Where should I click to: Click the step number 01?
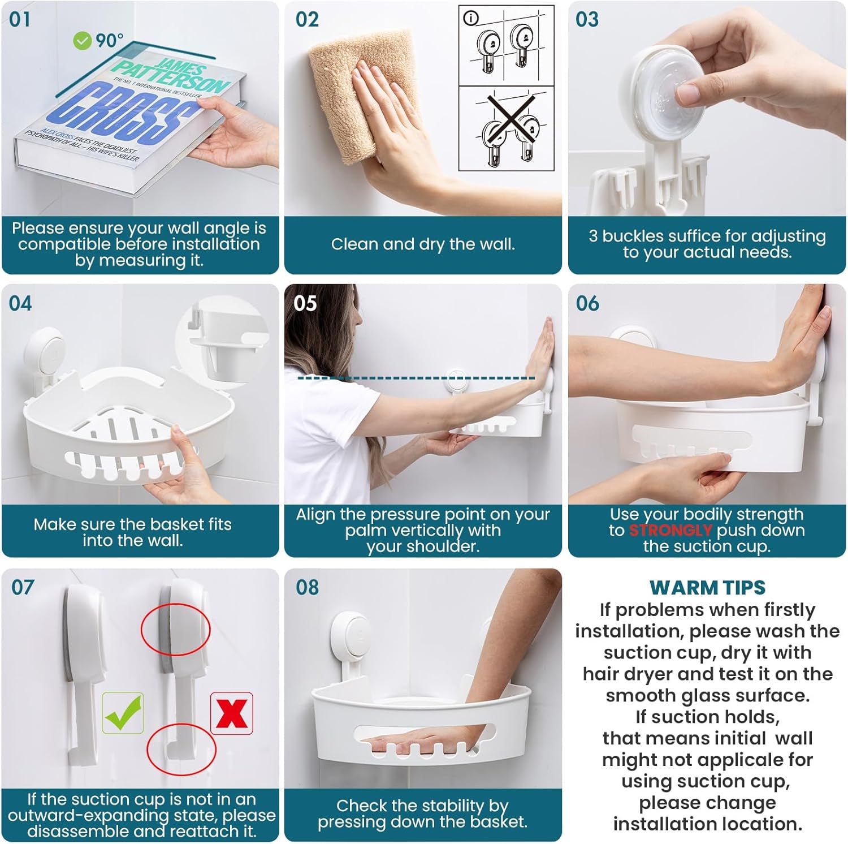[x=20, y=20]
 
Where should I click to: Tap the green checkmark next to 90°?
[x=83, y=41]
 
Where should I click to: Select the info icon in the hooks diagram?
[x=470, y=19]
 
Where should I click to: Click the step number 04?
[x=20, y=304]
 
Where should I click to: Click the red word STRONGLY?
[x=670, y=531]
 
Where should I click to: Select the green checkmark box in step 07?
[x=123, y=713]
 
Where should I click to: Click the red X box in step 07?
[x=232, y=713]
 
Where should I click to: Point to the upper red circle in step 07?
[x=175, y=629]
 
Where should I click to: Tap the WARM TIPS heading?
[x=707, y=588]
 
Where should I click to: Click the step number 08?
[x=307, y=588]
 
